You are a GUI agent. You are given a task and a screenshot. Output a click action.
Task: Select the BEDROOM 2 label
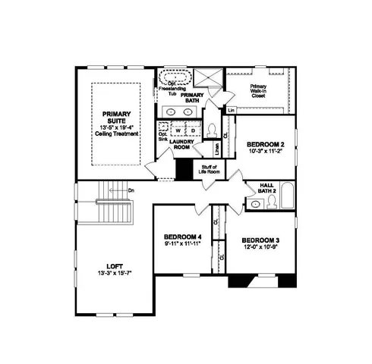[x=265, y=144]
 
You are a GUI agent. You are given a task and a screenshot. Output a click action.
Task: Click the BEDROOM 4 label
[x=182, y=237]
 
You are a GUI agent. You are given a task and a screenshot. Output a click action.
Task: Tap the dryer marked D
[x=192, y=130]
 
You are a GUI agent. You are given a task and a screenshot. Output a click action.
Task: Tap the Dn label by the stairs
[x=131, y=190]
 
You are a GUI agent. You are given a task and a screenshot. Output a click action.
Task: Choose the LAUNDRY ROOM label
[x=181, y=144]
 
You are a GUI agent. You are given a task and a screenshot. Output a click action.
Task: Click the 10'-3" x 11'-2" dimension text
[x=265, y=151]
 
